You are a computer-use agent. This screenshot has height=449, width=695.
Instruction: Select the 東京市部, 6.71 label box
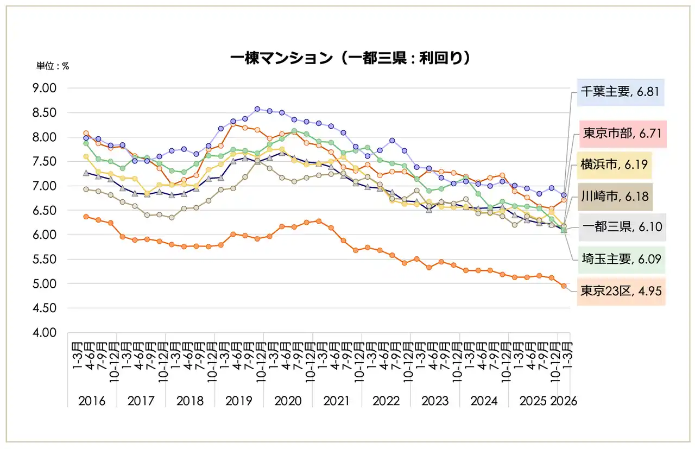tap(622, 135)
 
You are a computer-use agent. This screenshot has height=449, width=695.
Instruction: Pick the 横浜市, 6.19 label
tap(614, 165)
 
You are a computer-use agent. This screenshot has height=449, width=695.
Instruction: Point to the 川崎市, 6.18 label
tap(614, 196)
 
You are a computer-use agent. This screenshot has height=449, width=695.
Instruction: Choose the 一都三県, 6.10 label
tap(622, 227)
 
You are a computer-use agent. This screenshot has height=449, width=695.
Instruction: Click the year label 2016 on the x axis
tap(92, 401)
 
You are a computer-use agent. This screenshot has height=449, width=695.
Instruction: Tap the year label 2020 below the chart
tap(288, 401)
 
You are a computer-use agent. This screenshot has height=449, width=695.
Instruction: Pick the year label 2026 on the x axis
tap(564, 401)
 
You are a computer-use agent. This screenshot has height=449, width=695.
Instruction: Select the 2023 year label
tap(435, 401)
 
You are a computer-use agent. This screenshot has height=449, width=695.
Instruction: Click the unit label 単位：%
tap(53, 66)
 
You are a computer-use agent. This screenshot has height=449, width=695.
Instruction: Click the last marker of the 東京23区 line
tap(564, 286)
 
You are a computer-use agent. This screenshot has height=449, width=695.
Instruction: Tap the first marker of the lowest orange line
tap(86, 217)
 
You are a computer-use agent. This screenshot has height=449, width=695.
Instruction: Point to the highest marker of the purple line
tap(257, 109)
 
